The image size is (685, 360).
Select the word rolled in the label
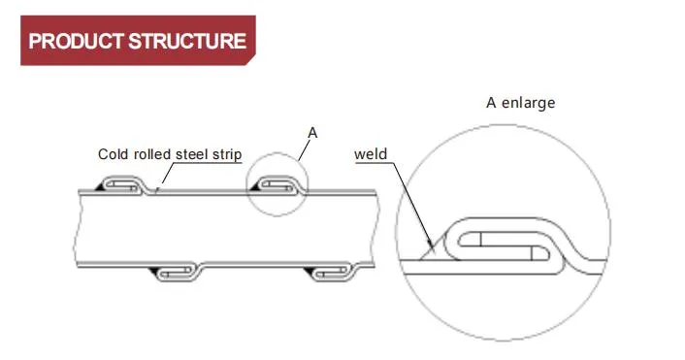click(148, 154)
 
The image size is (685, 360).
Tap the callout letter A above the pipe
click(312, 130)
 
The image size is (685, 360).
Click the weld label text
click(371, 153)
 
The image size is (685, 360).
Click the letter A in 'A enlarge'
click(490, 103)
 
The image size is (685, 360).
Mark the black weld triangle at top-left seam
click(100, 185)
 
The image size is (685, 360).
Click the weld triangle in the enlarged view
click(429, 253)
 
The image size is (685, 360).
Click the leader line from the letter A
click(306, 147)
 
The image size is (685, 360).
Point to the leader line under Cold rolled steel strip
click(165, 174)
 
